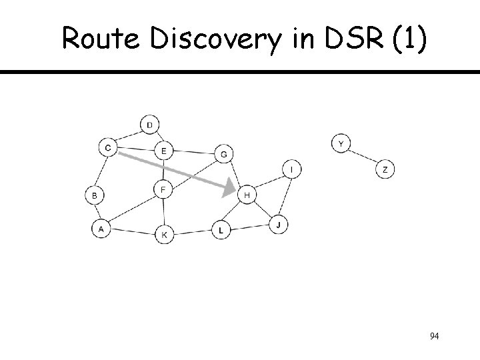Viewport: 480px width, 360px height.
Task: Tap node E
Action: coord(164,151)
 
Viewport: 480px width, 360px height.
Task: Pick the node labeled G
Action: coord(223,154)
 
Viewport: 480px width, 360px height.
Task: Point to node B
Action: coord(95,195)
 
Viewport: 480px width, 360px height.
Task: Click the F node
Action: coord(164,190)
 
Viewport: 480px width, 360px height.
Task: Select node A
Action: coord(101,229)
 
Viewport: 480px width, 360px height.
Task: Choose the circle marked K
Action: coord(165,235)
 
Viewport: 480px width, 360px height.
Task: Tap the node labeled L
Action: coord(221,231)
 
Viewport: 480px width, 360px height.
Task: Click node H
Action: coord(247,195)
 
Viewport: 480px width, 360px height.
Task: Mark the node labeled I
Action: coord(292,170)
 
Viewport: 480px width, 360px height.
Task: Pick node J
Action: coord(279,225)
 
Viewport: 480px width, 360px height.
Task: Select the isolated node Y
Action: coord(341,143)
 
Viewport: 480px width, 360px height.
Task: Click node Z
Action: coord(385,170)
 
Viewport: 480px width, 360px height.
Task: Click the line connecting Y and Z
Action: coord(363,157)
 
